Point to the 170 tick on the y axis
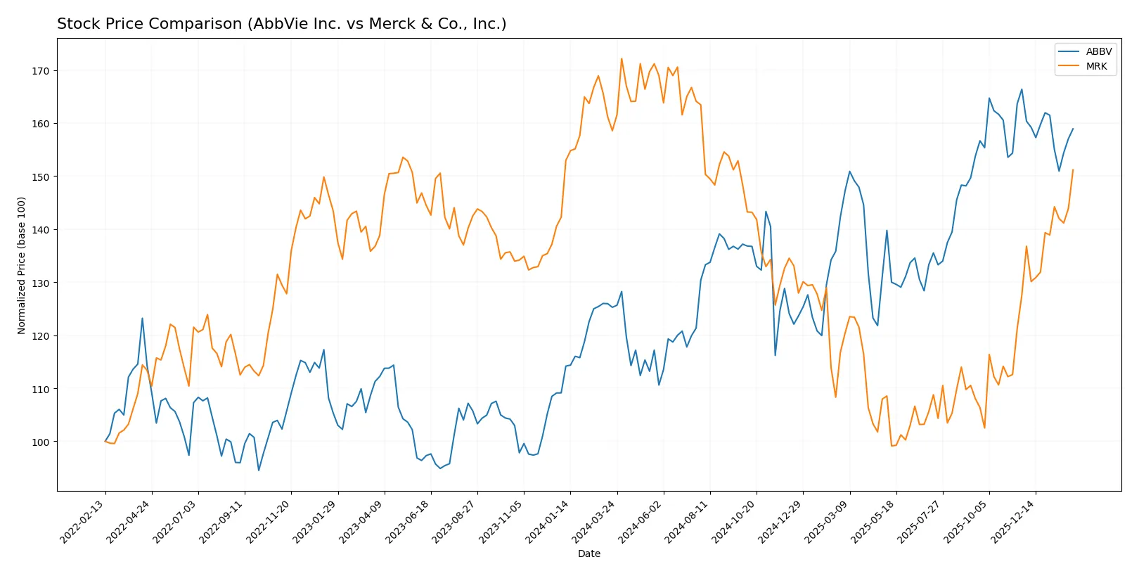(40, 71)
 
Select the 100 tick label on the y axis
(40, 442)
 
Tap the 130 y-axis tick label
(40, 283)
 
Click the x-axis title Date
(588, 553)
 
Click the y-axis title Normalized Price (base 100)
(22, 265)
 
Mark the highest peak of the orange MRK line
(622, 58)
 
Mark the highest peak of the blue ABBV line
(1022, 89)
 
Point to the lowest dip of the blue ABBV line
(259, 471)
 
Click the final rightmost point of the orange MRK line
(1073, 169)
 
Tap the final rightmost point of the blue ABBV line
(1073, 129)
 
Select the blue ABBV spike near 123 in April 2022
(142, 319)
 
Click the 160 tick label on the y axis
(40, 124)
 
